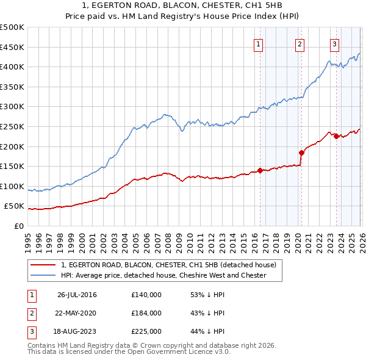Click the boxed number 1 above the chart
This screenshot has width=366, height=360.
pyautogui.click(x=259, y=44)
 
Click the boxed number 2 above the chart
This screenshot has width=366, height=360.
pyautogui.click(x=300, y=44)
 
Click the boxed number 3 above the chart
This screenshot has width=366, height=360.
pyautogui.click(x=335, y=44)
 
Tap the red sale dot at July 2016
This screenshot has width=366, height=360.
pyautogui.click(x=260, y=170)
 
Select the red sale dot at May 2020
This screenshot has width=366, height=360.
pyautogui.click(x=301, y=153)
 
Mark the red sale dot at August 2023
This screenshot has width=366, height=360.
pyautogui.click(x=336, y=136)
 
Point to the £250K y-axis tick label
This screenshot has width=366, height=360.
pyautogui.click(x=12, y=126)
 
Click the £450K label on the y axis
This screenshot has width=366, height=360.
pyautogui.click(x=12, y=47)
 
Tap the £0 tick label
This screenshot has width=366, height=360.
pyautogui.click(x=18, y=226)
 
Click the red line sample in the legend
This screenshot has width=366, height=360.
pyautogui.click(x=42, y=265)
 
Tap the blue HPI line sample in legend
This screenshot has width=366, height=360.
pyautogui.click(x=42, y=276)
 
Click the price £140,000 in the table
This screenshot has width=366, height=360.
pyautogui.click(x=146, y=295)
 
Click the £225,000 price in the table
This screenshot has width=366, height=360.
pyautogui.click(x=146, y=331)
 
